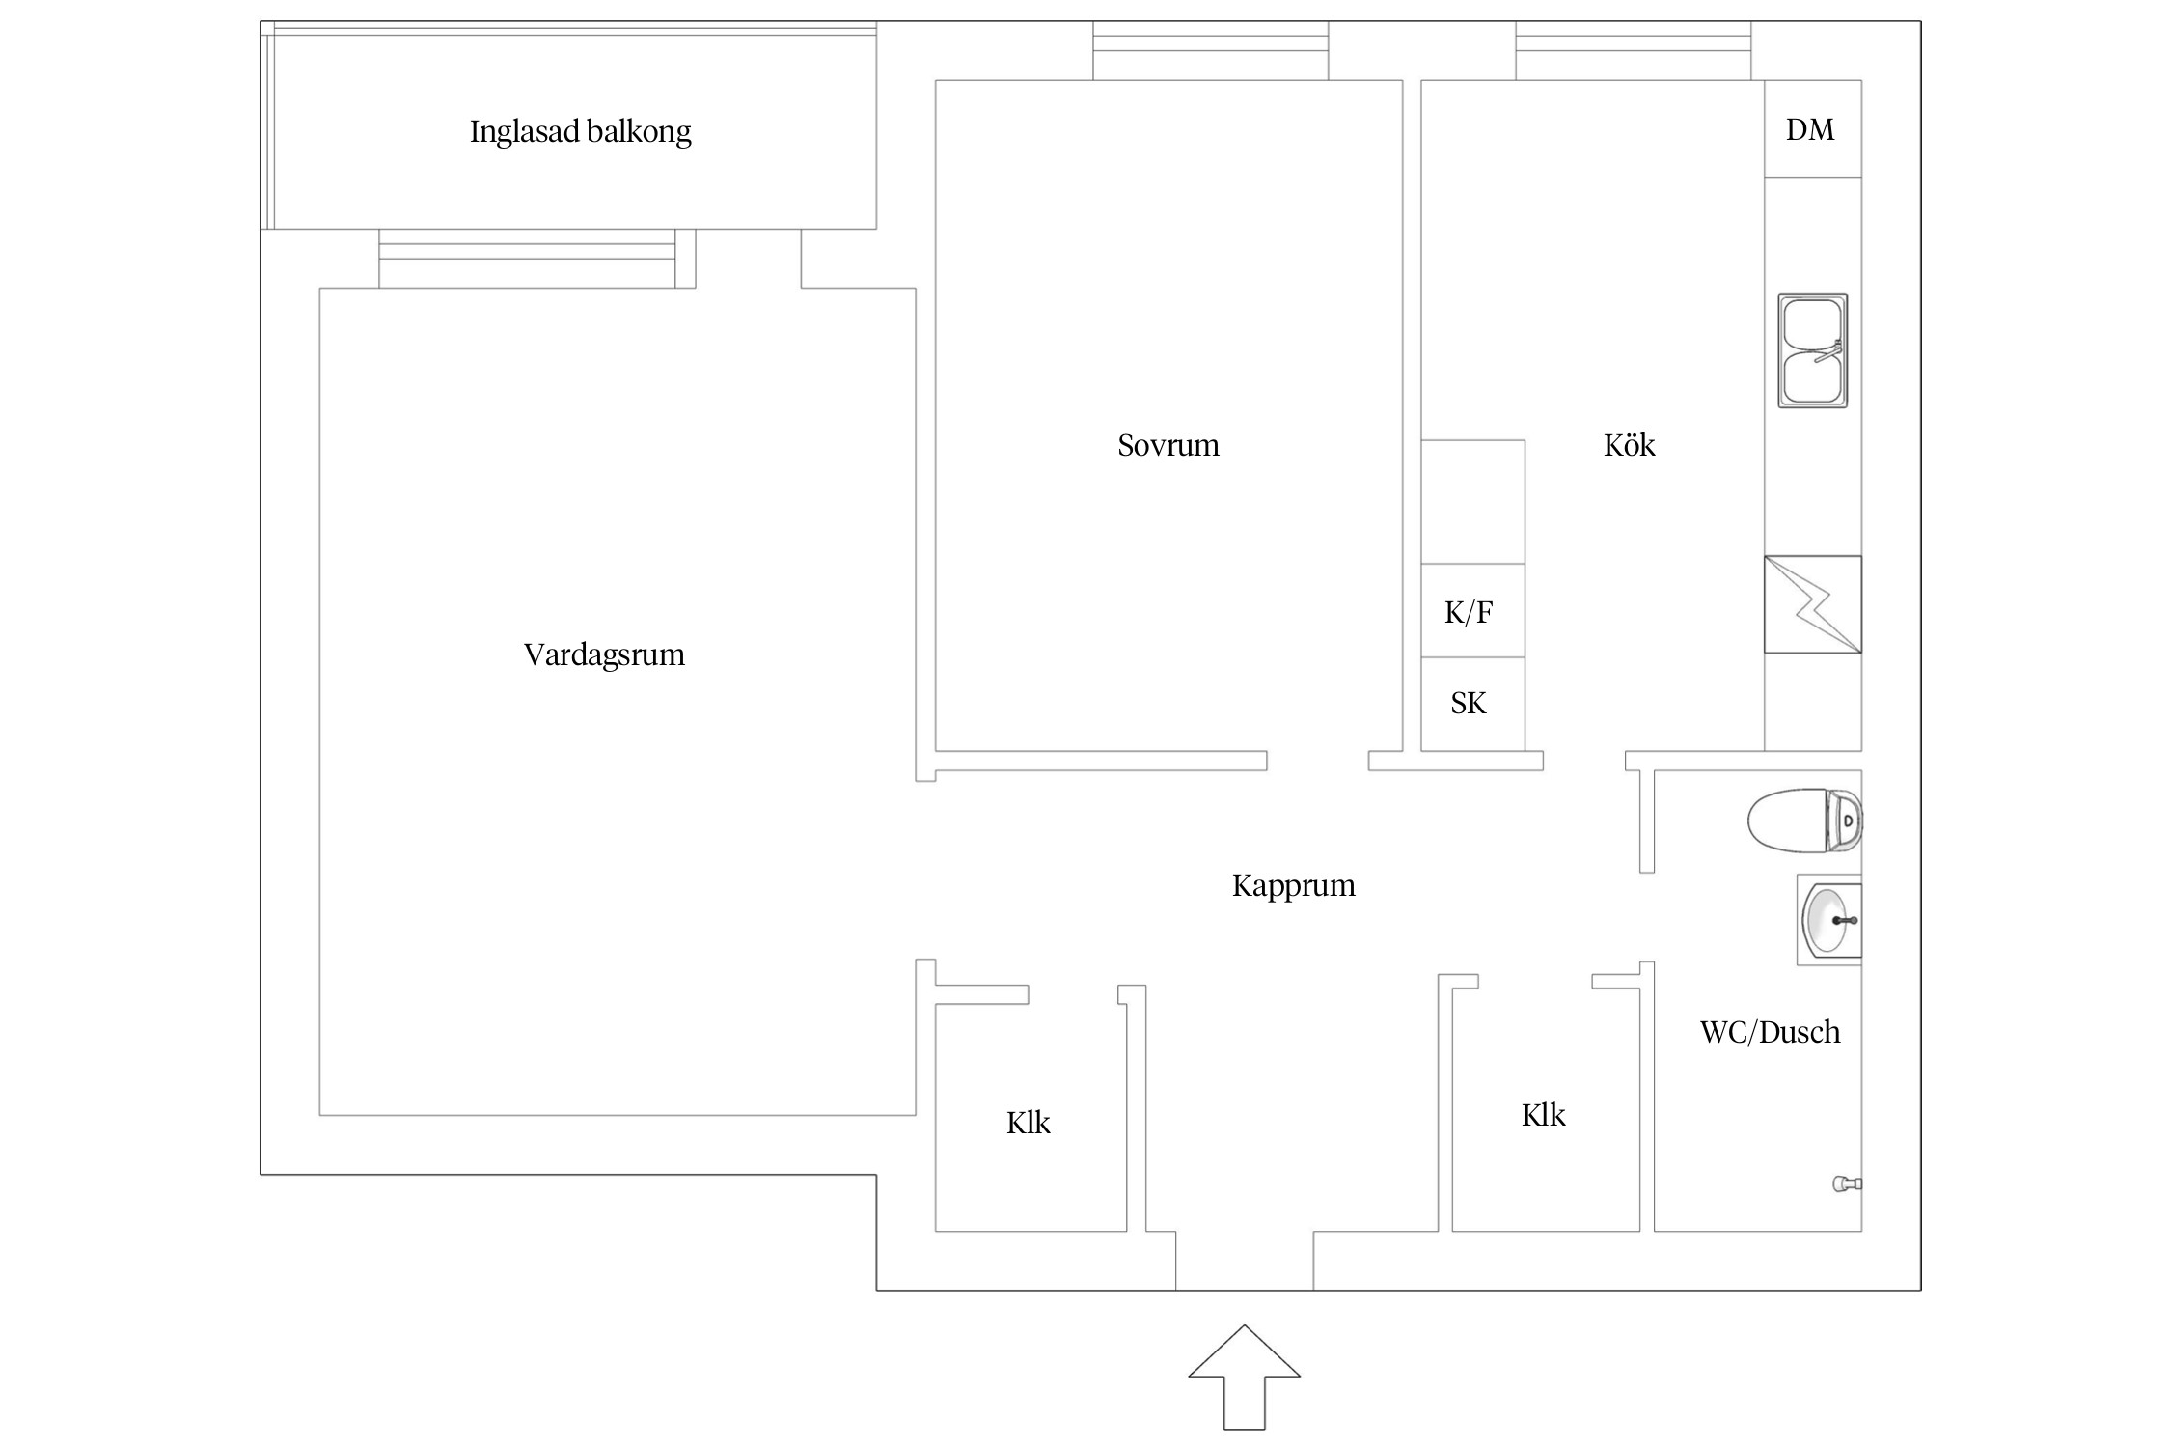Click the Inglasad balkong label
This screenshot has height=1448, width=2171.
click(580, 131)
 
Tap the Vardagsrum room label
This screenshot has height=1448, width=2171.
click(604, 654)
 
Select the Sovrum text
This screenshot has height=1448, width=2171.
click(1168, 445)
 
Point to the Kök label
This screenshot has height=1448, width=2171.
click(1629, 445)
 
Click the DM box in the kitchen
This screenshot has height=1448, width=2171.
click(1811, 129)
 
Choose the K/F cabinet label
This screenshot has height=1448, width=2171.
click(1469, 612)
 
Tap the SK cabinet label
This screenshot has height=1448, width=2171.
click(1469, 703)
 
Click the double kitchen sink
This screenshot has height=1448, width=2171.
click(1812, 351)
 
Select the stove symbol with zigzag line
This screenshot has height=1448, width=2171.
click(1812, 604)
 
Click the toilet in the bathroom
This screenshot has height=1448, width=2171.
click(1803, 821)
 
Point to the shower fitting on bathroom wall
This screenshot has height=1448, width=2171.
click(1846, 1183)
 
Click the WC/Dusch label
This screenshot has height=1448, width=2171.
click(1770, 1032)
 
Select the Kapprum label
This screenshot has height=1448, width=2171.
click(1293, 885)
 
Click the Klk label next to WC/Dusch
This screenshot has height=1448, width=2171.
click(1543, 1115)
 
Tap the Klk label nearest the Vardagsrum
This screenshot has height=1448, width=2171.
click(1028, 1123)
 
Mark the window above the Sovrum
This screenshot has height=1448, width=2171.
click(1210, 51)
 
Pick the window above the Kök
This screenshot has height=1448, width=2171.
click(1633, 51)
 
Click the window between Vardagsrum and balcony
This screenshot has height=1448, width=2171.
click(528, 259)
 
